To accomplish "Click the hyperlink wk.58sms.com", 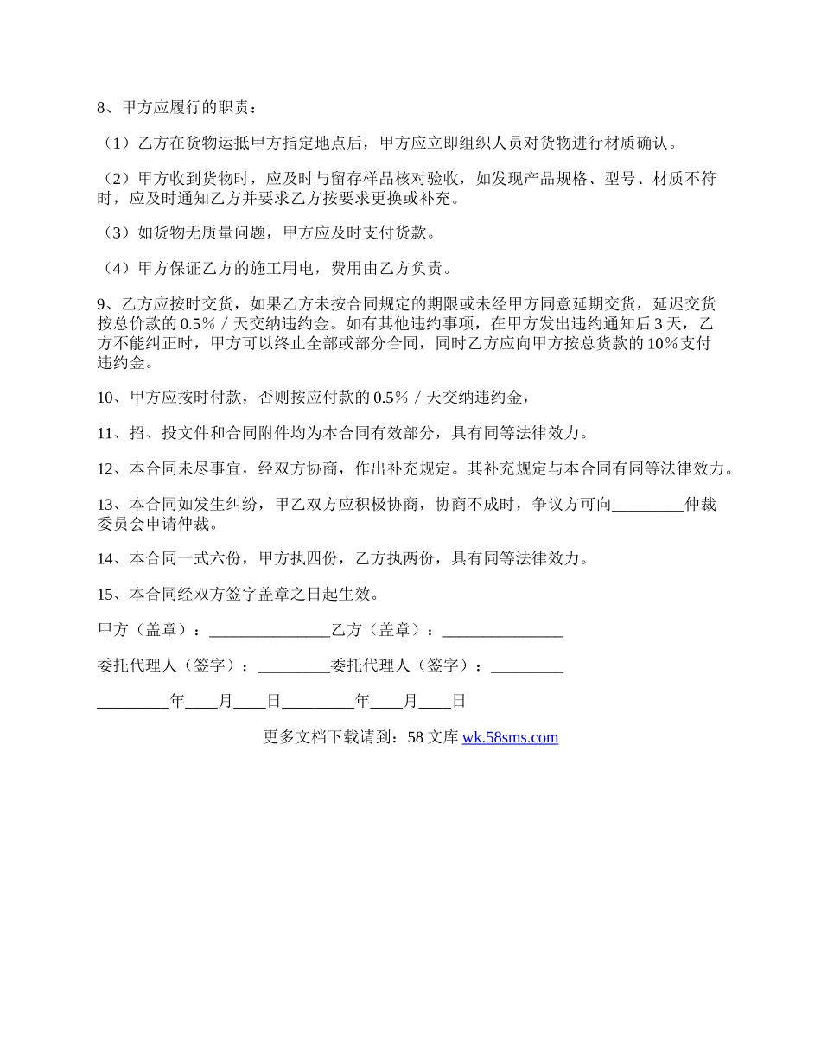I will (x=510, y=738).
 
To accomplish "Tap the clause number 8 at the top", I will (x=101, y=108).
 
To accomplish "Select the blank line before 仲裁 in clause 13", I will (x=647, y=506).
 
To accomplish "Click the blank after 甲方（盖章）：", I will (x=270, y=631).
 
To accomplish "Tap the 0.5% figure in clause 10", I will (x=390, y=398).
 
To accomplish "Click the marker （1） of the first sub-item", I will (x=114, y=143).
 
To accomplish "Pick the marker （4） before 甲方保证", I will (x=114, y=268).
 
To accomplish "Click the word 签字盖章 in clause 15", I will (x=251, y=595).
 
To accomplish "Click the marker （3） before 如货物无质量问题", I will (x=114, y=232).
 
